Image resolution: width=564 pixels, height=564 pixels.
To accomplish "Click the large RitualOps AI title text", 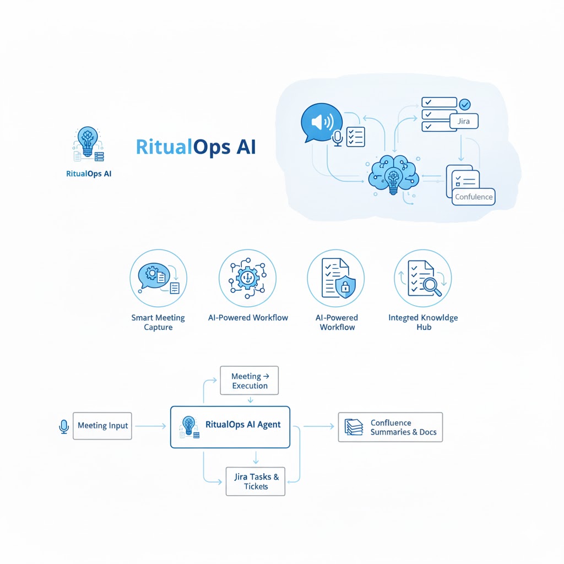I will (x=196, y=147).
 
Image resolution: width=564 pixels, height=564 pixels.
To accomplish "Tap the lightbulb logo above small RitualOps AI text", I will (x=88, y=144).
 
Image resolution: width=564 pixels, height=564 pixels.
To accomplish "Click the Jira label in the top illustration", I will (x=463, y=121).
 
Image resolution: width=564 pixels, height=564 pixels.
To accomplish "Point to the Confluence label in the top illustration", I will (x=474, y=197).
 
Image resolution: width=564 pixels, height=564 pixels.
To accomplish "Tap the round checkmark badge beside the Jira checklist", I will (x=464, y=104).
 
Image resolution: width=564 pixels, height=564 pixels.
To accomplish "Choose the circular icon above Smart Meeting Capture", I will (x=158, y=278).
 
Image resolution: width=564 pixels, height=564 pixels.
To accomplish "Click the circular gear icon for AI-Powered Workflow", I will (x=247, y=278).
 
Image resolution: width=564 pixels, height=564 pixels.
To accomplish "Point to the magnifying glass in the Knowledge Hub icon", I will (x=430, y=285).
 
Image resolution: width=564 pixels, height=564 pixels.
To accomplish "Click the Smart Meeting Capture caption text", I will (x=158, y=322).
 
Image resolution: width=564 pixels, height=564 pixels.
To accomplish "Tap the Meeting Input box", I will (x=102, y=425).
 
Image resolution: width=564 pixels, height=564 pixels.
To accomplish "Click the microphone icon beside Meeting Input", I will (x=64, y=426).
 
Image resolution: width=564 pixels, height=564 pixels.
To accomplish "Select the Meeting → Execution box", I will (x=250, y=381).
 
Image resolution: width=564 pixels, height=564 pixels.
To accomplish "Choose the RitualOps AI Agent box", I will (x=230, y=426).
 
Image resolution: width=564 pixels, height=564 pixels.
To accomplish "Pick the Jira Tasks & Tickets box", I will (x=256, y=481).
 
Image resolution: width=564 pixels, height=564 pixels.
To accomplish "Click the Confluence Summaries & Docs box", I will (x=390, y=427).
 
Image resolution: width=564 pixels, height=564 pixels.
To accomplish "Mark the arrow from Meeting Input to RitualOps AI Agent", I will (x=150, y=426).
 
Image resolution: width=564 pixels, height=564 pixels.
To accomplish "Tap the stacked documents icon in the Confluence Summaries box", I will (x=352, y=427).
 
